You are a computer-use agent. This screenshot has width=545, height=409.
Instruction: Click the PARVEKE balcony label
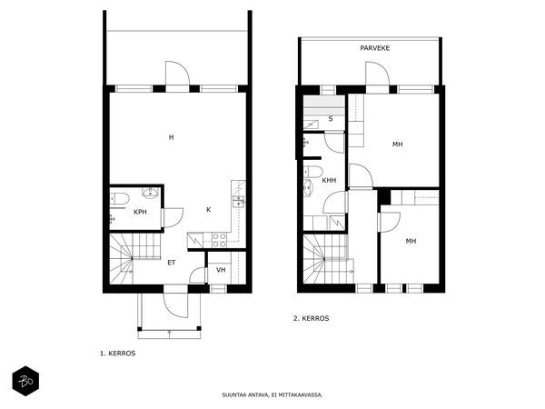[x=374, y=48]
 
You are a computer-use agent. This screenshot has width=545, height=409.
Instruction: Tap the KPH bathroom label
[x=140, y=212]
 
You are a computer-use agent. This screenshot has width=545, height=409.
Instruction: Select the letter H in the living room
[x=171, y=137]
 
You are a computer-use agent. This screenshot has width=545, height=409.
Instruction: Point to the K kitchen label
[x=209, y=209]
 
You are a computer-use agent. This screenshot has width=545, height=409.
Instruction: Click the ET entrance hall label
[x=172, y=263]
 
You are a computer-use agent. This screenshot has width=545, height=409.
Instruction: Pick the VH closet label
[x=221, y=270]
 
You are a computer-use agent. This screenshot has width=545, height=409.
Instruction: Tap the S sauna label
[x=331, y=118]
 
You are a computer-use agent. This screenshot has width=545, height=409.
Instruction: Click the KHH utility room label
[x=329, y=181]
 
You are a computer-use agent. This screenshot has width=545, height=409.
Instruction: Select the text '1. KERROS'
[x=117, y=354]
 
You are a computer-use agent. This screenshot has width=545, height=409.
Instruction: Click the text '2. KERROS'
[x=311, y=318]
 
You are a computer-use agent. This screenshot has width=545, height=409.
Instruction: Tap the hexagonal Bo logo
[x=25, y=381]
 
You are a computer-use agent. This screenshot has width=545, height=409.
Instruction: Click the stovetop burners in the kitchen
[x=219, y=240]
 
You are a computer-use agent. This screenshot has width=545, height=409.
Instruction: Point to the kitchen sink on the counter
[x=239, y=201]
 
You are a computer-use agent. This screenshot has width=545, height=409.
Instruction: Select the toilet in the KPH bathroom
[x=119, y=199]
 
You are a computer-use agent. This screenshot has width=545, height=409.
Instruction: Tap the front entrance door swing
[x=176, y=305]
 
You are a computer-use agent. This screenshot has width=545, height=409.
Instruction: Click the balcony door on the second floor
[x=377, y=74]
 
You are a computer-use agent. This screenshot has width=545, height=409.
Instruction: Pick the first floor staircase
[x=134, y=258]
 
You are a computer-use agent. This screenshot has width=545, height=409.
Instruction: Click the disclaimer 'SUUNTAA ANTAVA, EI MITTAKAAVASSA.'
[x=272, y=394]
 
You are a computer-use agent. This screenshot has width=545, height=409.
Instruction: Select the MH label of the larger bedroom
[x=398, y=144]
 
